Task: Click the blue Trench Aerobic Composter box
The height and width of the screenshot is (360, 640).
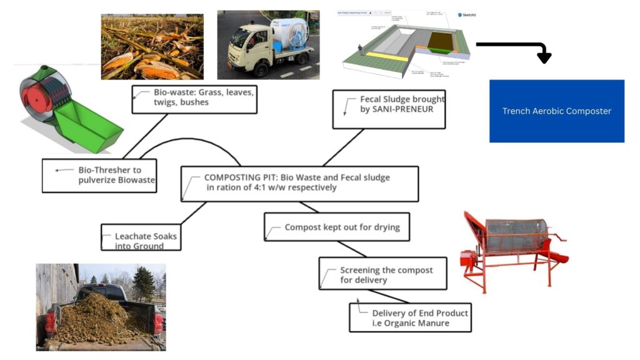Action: [556, 111]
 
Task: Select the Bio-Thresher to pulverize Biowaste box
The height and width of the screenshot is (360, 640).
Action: [99, 175]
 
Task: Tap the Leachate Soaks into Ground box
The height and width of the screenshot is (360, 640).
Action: [141, 237]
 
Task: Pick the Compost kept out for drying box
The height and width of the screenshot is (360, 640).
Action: [336, 227]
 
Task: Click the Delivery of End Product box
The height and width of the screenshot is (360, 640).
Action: [410, 317]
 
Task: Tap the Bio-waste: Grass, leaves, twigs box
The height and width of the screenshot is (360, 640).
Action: [194, 99]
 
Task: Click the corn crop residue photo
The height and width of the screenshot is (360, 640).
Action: [152, 47]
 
